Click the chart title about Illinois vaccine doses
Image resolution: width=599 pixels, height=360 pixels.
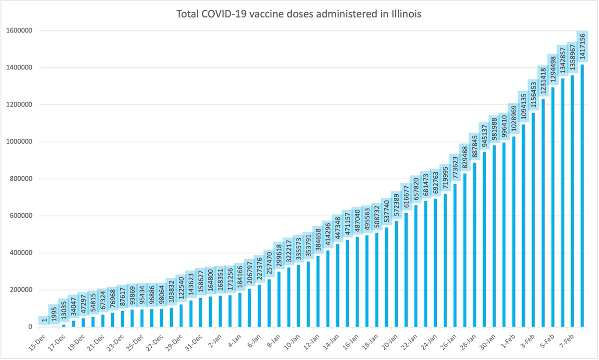[299, 14]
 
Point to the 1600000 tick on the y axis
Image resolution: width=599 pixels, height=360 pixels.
[19, 30]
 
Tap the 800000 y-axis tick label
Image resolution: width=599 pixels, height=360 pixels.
[21, 179]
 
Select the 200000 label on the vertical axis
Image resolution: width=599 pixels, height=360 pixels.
[21, 290]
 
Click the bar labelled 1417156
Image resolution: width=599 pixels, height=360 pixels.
[582, 195]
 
